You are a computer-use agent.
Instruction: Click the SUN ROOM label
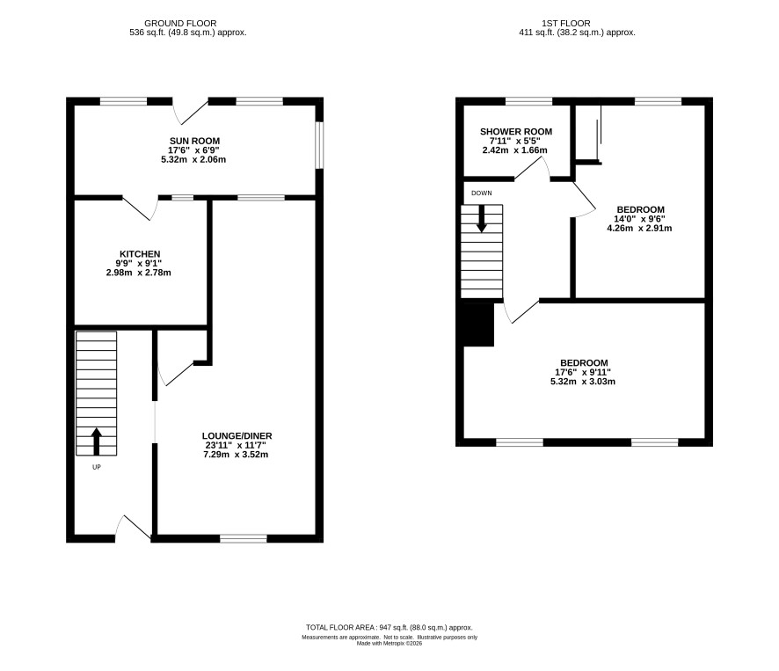click(194, 142)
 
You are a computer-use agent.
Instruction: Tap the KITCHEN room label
click(140, 254)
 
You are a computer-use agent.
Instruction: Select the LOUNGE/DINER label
click(237, 436)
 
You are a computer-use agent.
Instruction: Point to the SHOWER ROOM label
click(516, 132)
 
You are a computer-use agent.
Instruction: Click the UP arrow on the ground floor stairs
click(97, 441)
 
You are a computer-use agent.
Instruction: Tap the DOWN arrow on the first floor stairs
click(482, 219)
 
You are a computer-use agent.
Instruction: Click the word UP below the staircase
click(97, 467)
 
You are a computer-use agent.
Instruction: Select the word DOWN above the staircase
click(482, 193)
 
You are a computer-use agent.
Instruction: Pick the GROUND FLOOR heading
click(180, 24)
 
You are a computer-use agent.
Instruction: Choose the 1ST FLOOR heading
click(566, 24)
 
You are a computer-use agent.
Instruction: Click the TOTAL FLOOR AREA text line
click(389, 628)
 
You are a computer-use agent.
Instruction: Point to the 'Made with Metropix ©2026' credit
click(389, 643)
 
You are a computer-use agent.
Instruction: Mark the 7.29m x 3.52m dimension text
click(236, 455)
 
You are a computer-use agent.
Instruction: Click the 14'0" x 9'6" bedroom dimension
click(639, 219)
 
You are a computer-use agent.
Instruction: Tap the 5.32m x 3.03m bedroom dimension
click(583, 382)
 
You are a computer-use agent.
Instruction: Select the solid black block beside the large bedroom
click(478, 325)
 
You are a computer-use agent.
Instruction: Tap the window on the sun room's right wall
click(319, 145)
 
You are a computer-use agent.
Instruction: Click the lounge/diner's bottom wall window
click(244, 538)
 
